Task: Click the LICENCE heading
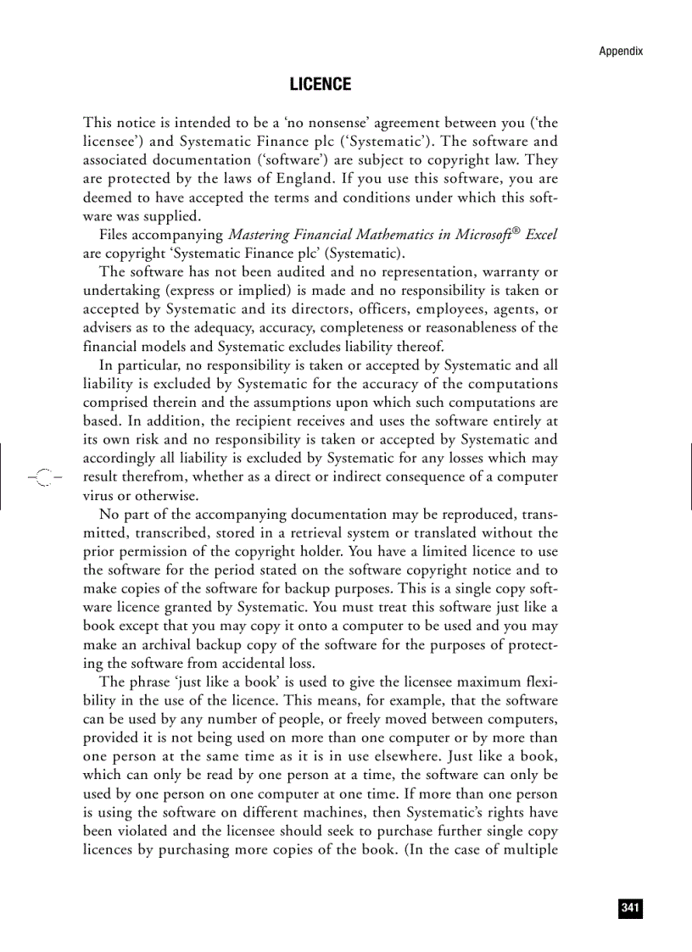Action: [320, 85]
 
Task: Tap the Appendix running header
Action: [621, 51]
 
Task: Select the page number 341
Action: [629, 908]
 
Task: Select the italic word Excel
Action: [541, 235]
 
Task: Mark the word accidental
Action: [252, 664]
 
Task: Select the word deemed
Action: [106, 198]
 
